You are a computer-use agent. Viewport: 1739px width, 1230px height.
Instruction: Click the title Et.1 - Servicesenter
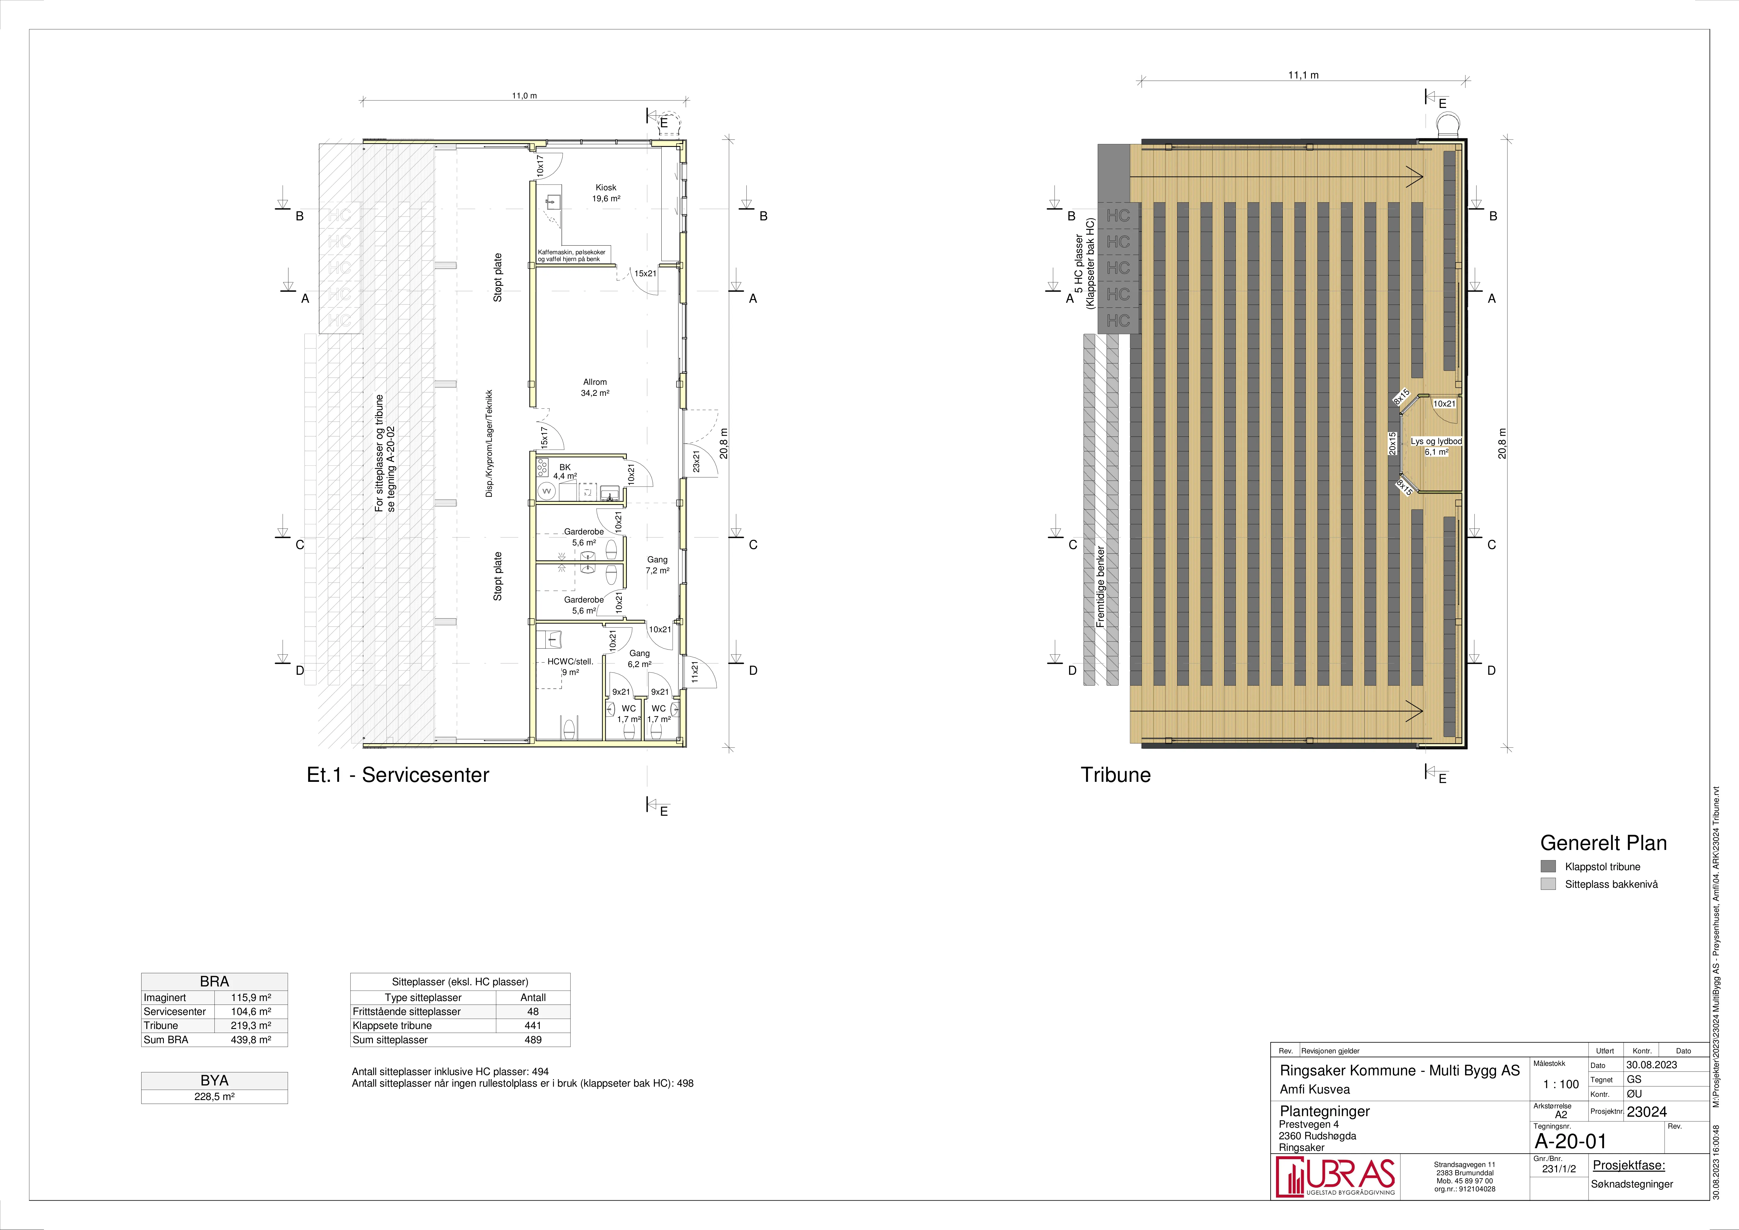(x=398, y=775)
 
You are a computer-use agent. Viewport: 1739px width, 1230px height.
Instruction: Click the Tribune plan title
(x=1116, y=775)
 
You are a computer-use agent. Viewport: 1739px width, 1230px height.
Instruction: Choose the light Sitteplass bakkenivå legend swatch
(x=1548, y=884)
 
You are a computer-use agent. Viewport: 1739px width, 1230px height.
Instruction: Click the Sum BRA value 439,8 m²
(x=251, y=1040)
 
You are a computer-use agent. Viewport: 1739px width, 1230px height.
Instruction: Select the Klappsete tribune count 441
(x=533, y=1025)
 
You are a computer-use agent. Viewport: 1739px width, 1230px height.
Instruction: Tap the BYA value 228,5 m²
(x=214, y=1096)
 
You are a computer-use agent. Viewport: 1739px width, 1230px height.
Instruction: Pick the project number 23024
(x=1647, y=1112)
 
